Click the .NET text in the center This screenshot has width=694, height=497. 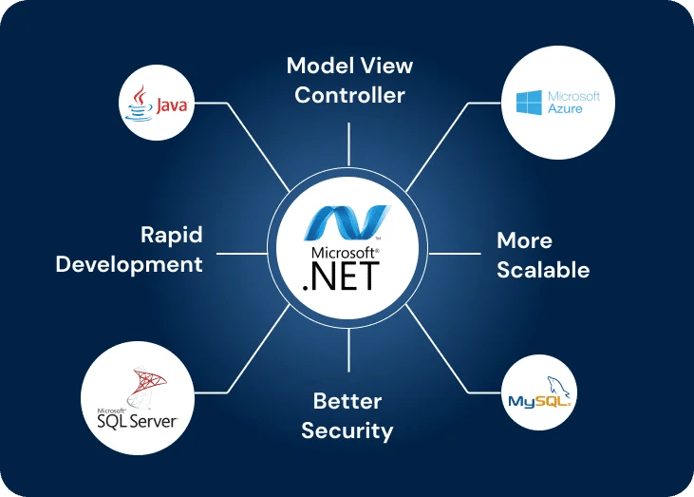(340, 277)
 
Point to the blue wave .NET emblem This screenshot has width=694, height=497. (345, 220)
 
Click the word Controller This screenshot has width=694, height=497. (349, 95)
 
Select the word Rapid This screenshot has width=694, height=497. (172, 235)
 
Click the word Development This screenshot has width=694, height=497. (129, 264)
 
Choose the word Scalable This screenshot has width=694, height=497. (543, 270)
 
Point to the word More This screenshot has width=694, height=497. (524, 240)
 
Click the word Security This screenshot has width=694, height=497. (347, 430)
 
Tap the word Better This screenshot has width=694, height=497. (347, 400)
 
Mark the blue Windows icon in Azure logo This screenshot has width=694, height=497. (529, 104)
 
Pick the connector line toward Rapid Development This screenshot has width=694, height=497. (242, 254)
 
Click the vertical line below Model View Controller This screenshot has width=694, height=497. (348, 143)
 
